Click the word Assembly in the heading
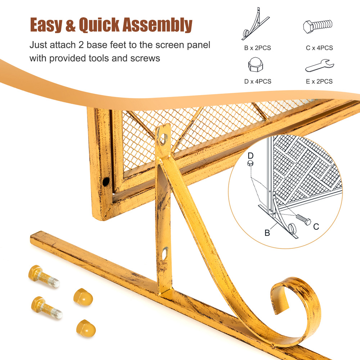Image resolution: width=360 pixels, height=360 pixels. coord(158,25)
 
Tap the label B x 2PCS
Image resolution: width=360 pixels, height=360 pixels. coord(257,48)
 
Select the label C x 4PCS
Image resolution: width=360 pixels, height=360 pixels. coord(319,48)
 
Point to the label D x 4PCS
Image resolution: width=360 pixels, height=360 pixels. coord(258,81)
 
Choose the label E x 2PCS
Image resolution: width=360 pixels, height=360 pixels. coord(319,81)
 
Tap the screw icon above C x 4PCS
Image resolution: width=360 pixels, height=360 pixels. coord(318,26)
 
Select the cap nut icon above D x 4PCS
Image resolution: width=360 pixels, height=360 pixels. coord(256,64)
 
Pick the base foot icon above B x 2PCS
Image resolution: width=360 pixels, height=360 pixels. coord(255,24)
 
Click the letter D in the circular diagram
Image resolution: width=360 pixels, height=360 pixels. coord(251,156)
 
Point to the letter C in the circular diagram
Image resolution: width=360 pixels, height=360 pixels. coord(316,226)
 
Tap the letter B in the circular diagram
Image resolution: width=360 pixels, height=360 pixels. coord(267,233)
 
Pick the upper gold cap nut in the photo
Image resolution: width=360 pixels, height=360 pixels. coord(83,297)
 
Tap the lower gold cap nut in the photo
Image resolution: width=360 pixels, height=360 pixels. coord(86,328)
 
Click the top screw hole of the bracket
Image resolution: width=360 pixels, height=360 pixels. coord(163,139)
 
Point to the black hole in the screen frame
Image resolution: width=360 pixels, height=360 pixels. coord(106,182)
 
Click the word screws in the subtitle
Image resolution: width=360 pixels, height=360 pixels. coord(145,58)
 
